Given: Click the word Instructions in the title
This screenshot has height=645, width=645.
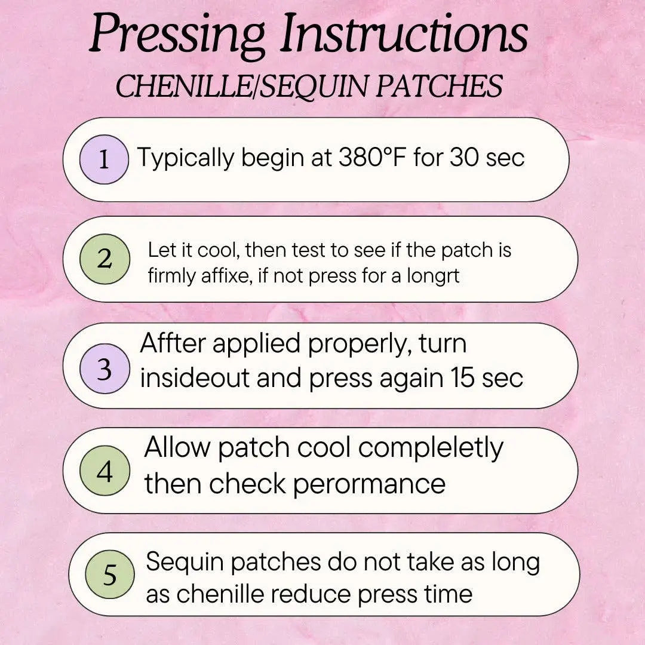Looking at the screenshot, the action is coord(404,32).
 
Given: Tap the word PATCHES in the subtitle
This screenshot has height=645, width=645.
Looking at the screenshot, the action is coord(439,86).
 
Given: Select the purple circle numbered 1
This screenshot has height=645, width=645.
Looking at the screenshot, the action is coord(104,159).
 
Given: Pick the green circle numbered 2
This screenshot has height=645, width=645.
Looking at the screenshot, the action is coord(105,259).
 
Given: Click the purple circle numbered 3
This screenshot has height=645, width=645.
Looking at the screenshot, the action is coord(105,368).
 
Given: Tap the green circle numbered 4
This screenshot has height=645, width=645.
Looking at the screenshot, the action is coord(105,471).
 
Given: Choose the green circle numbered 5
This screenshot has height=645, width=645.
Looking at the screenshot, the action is coord(110,575).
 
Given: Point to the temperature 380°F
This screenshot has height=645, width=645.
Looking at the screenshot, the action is coord(372,157).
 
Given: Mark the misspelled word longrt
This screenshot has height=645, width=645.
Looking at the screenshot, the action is coord(433,275).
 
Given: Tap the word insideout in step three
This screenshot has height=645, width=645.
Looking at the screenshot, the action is coord(195,377).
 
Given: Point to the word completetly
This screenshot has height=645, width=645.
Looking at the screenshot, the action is coord(431,449).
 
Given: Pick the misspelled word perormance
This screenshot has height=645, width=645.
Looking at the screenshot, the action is coord(370,484).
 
